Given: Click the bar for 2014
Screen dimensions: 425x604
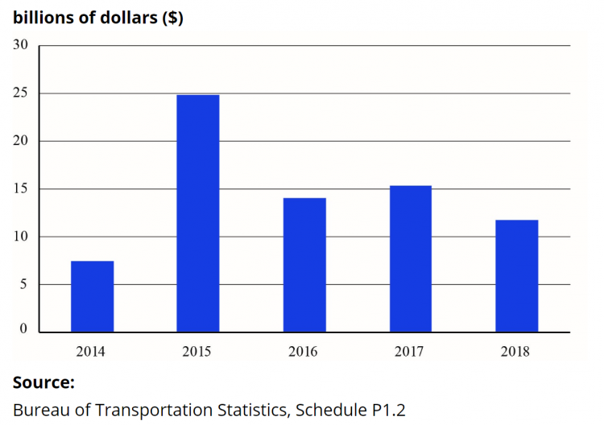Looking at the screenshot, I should click(92, 296).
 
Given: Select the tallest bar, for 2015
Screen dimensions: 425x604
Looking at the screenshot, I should click(198, 213).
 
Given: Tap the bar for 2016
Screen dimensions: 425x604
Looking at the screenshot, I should click(304, 265).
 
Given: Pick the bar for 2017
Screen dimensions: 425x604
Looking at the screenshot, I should click(410, 258).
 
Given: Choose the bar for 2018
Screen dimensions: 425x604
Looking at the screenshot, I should click(516, 276).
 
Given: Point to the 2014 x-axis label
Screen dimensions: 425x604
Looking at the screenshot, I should click(91, 351).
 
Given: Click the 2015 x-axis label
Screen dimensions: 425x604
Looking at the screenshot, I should click(197, 351).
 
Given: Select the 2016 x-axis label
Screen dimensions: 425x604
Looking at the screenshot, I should click(304, 351).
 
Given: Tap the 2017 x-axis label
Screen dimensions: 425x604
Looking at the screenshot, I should click(410, 351).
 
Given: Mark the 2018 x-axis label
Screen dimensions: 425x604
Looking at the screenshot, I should click(516, 351).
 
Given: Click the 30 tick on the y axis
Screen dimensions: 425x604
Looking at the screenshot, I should click(21, 45).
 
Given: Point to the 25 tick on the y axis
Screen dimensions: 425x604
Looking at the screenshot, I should click(21, 93).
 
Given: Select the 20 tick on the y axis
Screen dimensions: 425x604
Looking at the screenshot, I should click(21, 141).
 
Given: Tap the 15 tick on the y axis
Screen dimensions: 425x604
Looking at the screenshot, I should click(21, 189).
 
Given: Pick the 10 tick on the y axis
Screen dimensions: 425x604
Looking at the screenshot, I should click(21, 237).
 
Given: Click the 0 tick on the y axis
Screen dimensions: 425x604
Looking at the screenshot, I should click(24, 329).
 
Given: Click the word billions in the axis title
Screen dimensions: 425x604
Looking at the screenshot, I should click(41, 18).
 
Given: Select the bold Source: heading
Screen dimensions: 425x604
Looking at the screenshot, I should click(43, 382).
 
